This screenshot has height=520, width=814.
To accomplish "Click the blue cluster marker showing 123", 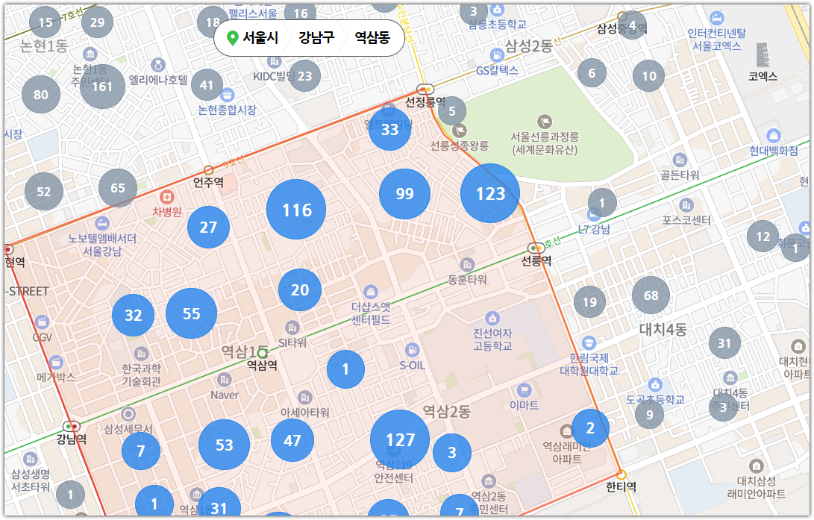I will [x=490, y=193].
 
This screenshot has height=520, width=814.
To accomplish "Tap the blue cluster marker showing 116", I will [x=296, y=210].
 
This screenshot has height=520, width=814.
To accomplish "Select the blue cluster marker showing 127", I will [x=400, y=439].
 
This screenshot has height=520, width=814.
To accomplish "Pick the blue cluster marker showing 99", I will [x=404, y=194].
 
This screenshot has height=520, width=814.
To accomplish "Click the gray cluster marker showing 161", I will [x=102, y=86].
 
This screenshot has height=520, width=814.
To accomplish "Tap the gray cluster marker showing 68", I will [x=651, y=295].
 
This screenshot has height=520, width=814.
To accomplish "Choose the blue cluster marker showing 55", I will [x=191, y=313].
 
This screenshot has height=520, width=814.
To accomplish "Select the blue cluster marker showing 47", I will [x=292, y=440].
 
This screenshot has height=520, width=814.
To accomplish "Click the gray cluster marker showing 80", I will [x=41, y=94].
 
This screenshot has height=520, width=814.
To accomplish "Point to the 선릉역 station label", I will [x=536, y=261].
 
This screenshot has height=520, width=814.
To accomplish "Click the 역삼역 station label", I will [x=262, y=365].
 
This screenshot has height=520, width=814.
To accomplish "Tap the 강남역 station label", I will [x=72, y=439].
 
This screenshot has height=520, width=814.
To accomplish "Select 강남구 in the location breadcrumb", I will [x=316, y=37].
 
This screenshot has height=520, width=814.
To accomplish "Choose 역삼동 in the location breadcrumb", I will [x=372, y=37].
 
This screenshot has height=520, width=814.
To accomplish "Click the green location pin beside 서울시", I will [x=232, y=38].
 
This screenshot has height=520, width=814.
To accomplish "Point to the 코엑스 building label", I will [x=763, y=76].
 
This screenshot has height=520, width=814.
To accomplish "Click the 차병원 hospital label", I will [x=167, y=211].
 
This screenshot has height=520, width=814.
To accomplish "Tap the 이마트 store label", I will [x=524, y=405].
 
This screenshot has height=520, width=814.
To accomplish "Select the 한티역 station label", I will [x=621, y=486].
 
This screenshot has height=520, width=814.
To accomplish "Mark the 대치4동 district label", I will [x=663, y=329].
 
